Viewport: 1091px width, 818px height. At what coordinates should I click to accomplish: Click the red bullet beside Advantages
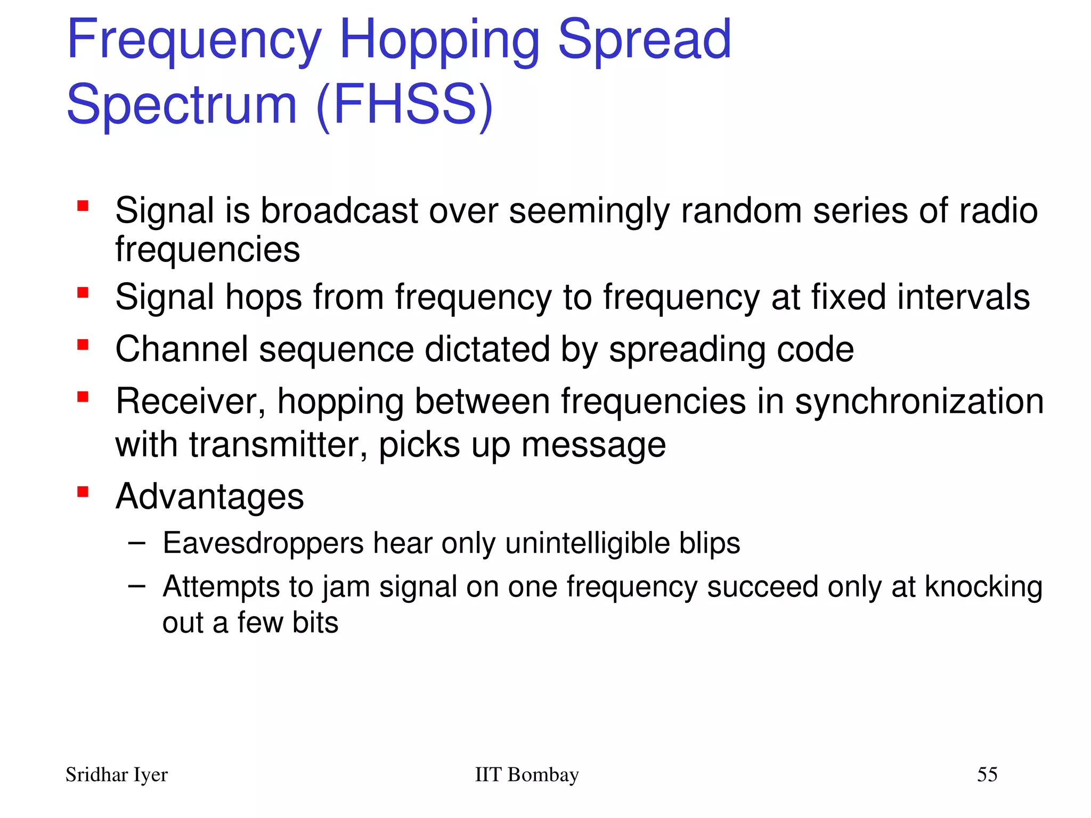click(83, 491)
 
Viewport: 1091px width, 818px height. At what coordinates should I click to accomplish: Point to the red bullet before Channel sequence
click(83, 345)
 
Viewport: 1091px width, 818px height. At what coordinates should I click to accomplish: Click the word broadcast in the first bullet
click(339, 211)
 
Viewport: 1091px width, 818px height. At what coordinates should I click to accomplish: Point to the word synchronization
click(919, 402)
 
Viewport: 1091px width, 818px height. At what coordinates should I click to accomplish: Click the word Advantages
click(209, 497)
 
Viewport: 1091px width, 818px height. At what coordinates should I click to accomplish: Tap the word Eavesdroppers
click(263, 544)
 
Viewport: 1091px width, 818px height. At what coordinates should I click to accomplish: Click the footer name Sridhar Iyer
click(116, 775)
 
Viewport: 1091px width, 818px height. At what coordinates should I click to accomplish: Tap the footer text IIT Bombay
click(526, 775)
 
